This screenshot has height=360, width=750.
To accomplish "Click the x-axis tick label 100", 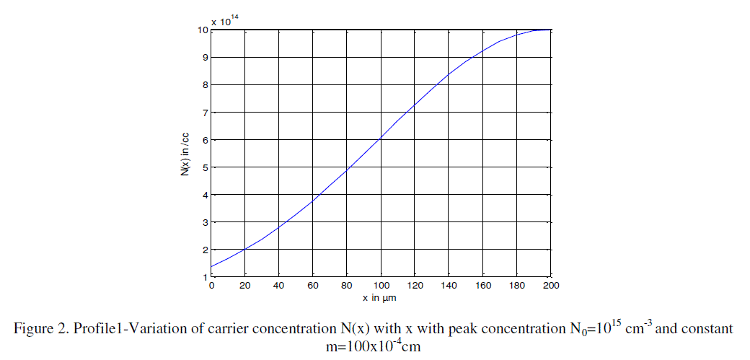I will coord(381,286).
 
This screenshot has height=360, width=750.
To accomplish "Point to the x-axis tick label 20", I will coord(245,286).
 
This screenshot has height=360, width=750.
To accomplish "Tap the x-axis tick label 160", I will coord(484,286).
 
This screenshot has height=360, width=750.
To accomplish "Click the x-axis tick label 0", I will coord(211,286).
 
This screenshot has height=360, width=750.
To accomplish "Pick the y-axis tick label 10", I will coord(203,30).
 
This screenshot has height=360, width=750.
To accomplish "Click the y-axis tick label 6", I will coord(205,140).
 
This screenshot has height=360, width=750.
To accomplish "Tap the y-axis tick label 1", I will coord(205,277).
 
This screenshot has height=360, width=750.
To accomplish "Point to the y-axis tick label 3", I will coord(205,222).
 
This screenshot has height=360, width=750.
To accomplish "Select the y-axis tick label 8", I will coord(205,85).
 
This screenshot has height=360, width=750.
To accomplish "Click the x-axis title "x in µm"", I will coord(381,297).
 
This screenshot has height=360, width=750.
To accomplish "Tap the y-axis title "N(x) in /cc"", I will coord(186,153).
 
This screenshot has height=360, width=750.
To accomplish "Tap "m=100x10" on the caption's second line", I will coord(354,347).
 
